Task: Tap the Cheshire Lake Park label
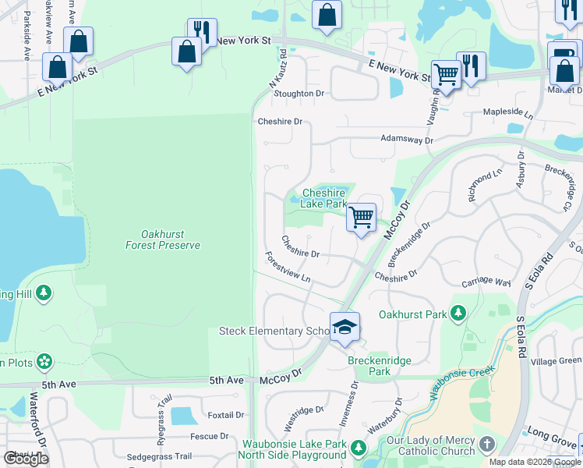pos(323,198)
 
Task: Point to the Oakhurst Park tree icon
pos(458,314)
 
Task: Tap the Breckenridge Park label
pos(369,367)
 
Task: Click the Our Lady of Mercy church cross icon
pos(486,445)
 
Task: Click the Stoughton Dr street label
pos(298,94)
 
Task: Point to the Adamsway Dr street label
pos(406,139)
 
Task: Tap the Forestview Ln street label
pos(288,267)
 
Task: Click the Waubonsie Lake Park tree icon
pos(358,448)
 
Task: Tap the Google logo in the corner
pos(26,458)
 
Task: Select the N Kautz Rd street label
pos(278,69)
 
